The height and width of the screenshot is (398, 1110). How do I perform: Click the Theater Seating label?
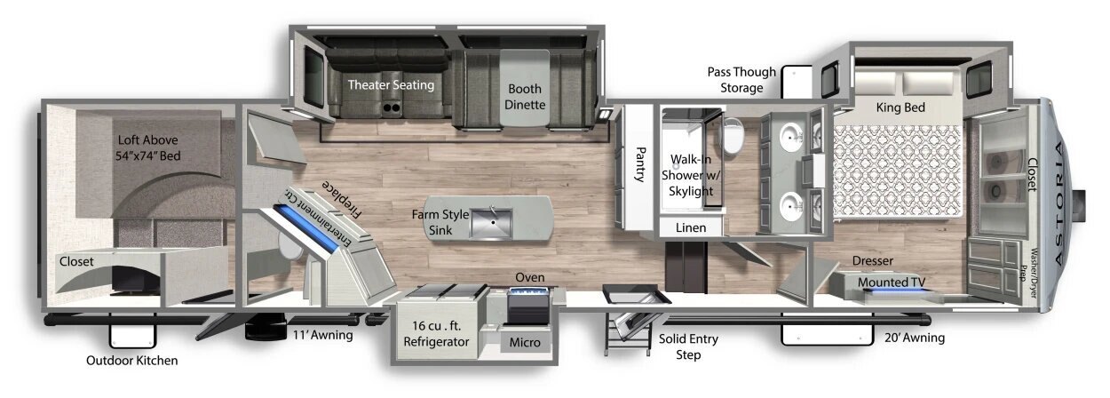[x=391, y=84]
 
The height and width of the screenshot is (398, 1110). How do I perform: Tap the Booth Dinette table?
[x=524, y=88]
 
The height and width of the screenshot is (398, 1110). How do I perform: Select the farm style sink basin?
[x=491, y=224]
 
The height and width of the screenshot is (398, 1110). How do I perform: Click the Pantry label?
[x=640, y=164]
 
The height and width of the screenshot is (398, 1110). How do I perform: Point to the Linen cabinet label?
[x=691, y=227]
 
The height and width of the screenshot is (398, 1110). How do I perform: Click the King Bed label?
[x=900, y=107]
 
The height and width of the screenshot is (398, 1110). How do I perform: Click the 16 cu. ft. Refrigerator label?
[x=436, y=333]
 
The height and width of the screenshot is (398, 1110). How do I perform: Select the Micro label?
[x=525, y=342]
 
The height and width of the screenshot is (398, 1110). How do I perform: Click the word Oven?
[x=530, y=277]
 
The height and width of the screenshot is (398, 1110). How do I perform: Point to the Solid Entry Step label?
[x=688, y=346]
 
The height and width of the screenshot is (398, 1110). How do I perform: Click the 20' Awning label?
[x=915, y=338]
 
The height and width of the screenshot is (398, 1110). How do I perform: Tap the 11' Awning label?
[x=322, y=335]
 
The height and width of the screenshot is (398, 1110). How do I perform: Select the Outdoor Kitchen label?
[x=131, y=361]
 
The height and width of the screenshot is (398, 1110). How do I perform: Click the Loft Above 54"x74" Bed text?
[x=147, y=147]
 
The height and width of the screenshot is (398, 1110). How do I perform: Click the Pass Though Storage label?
[x=741, y=80]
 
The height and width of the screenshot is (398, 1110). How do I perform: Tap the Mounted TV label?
[x=891, y=282]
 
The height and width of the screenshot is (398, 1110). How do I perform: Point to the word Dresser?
[x=873, y=260]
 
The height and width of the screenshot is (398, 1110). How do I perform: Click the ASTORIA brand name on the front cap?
[x=1060, y=203]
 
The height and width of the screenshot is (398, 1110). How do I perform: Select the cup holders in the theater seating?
[x=392, y=107]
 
